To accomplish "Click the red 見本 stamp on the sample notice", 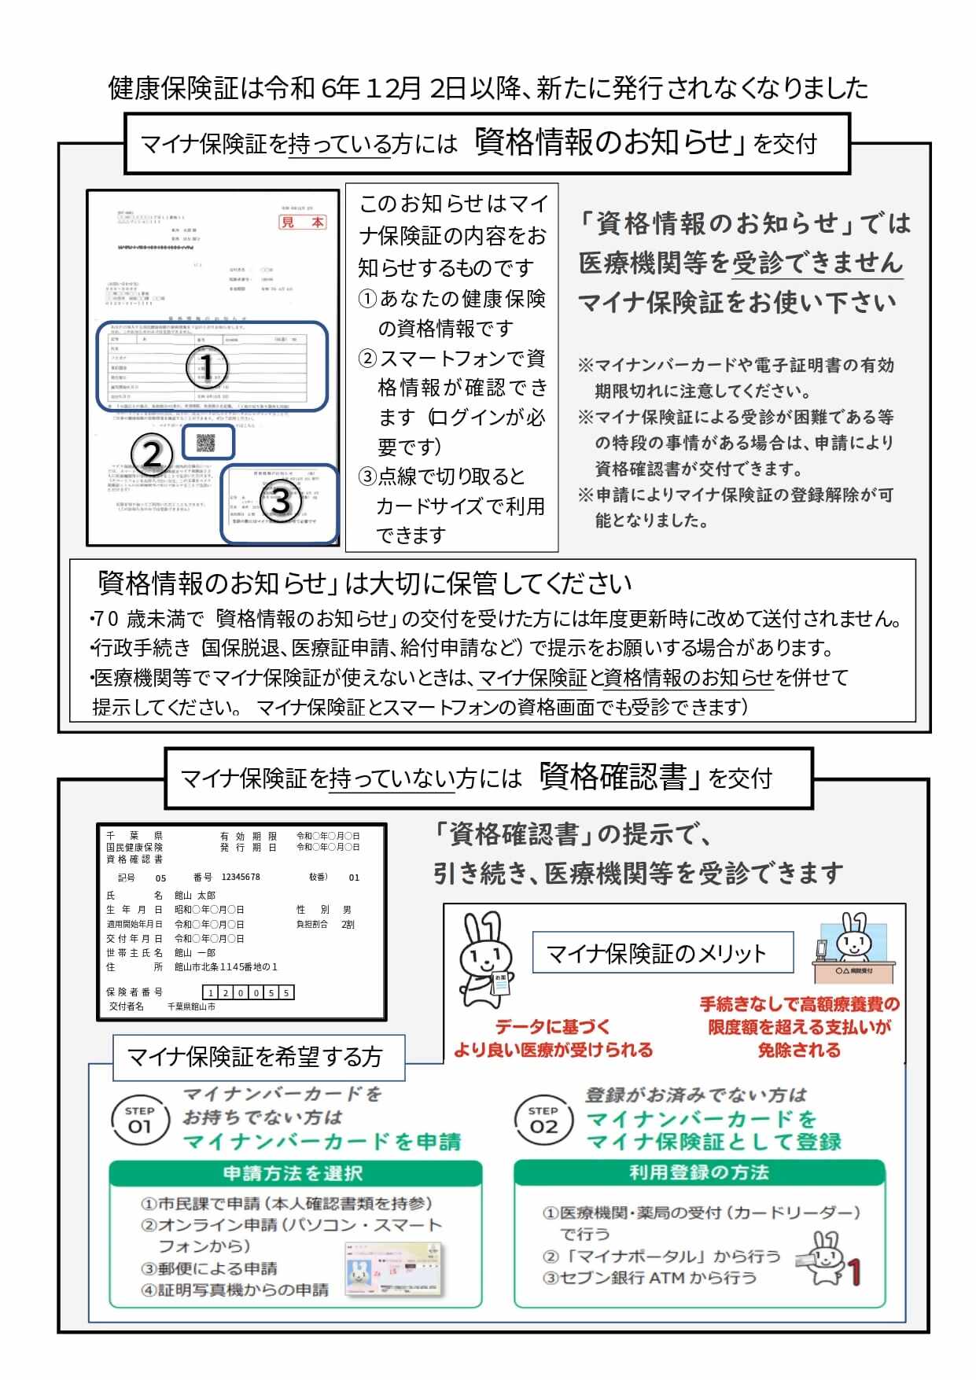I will [x=304, y=223].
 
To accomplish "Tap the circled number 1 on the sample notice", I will [x=206, y=366].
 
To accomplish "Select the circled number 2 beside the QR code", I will [x=151, y=454].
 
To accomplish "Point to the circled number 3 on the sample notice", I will [x=281, y=501].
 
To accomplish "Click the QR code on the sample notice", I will [x=206, y=443].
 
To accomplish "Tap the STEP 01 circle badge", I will [x=139, y=1119].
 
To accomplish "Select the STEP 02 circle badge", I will [x=543, y=1119].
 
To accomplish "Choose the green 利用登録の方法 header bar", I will [x=699, y=1172].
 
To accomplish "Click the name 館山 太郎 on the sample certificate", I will [x=195, y=896].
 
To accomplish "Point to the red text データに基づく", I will [x=552, y=1026].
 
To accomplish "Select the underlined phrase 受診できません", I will [x=817, y=263].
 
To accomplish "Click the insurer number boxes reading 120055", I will [x=249, y=992].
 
